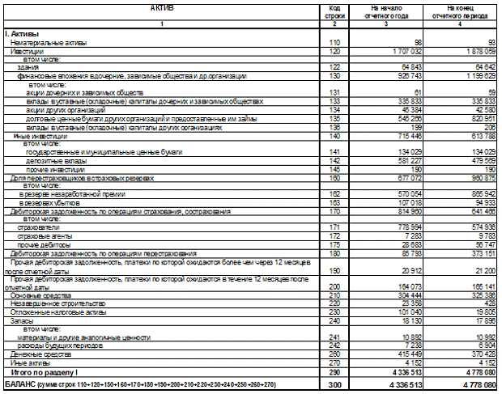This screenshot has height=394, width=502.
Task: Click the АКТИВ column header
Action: (x=162, y=7)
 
